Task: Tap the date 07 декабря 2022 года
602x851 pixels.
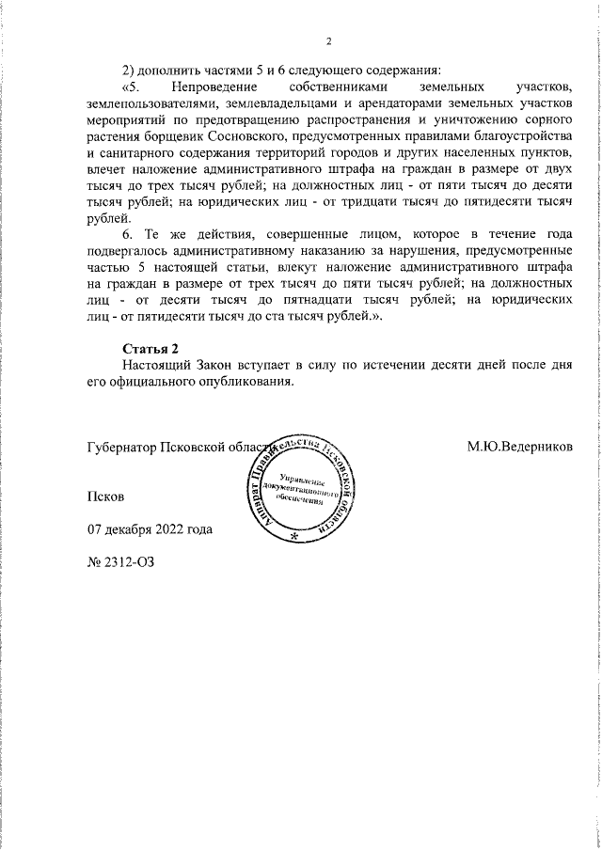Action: click(x=150, y=528)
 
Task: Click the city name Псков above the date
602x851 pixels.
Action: click(x=104, y=495)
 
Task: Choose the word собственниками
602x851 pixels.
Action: click(x=342, y=87)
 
